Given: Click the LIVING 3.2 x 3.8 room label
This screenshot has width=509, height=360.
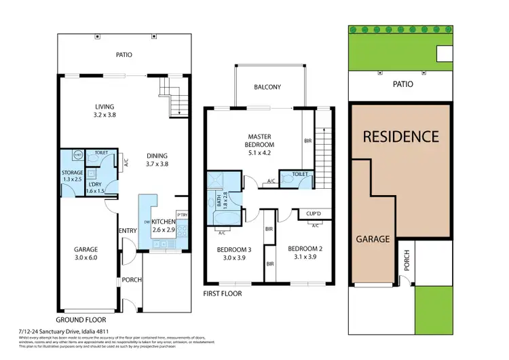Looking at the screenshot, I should click(x=105, y=111).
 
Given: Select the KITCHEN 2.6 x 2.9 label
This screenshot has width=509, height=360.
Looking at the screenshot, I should click(x=163, y=226).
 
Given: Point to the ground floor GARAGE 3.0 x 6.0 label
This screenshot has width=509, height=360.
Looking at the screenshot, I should click(x=86, y=253).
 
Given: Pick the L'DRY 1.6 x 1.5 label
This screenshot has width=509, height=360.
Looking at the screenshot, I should click(x=96, y=187).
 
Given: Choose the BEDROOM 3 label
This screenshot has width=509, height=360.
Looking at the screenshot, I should click(x=234, y=253).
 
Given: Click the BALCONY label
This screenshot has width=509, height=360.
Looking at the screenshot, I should click(x=267, y=87).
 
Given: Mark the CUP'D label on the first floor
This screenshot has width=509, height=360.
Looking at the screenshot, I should click(x=314, y=214).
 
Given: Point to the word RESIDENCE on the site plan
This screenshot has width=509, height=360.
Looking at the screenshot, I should click(x=400, y=136).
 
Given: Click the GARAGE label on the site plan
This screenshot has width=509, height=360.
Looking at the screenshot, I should click(x=373, y=239).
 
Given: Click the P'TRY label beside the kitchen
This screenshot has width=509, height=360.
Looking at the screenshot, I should click(x=181, y=216).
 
